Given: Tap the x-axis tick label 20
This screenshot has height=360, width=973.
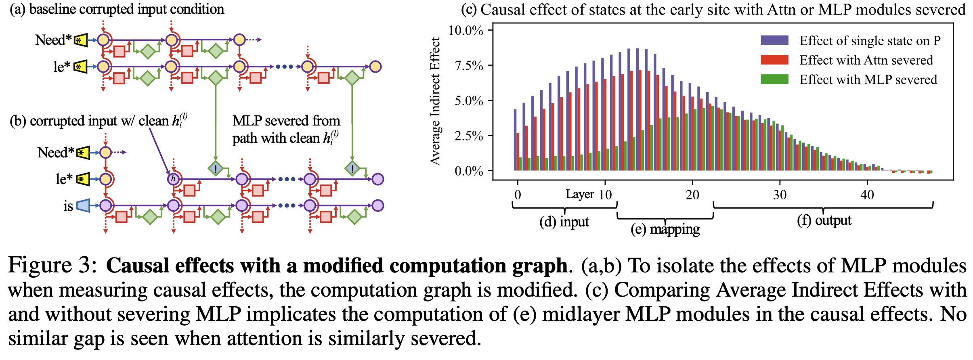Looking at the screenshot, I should point(692,195).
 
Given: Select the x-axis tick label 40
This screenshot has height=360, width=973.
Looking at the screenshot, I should point(867,195).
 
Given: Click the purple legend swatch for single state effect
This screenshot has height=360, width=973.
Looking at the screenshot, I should point(774,40).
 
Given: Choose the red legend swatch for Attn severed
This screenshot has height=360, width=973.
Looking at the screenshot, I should point(774,60).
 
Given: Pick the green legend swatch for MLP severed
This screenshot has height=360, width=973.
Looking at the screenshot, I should point(774,79).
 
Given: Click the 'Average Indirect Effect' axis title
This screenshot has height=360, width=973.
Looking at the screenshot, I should point(435,101).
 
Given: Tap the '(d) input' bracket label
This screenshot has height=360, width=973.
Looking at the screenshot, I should point(564,222).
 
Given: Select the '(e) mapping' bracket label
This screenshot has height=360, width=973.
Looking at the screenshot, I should point(665,229).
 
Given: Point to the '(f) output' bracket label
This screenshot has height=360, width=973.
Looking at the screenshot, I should point(824,220).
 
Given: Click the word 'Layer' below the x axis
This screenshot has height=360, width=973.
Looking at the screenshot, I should point(580,194).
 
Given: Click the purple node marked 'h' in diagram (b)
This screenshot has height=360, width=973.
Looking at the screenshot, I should point(174,178).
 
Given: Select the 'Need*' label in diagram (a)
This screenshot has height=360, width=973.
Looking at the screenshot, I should point(53,40).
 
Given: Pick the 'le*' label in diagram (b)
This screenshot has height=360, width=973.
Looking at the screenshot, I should point(64,179).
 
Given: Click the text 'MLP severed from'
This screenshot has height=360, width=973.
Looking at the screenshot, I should point(286,121).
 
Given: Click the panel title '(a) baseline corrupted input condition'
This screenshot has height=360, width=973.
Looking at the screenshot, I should point(117,9).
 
